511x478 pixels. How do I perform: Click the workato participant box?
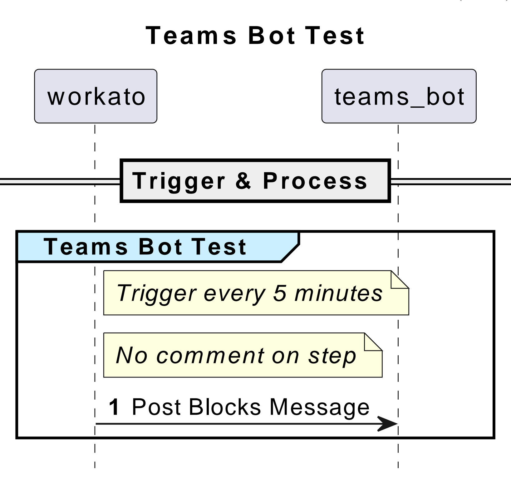click(96, 96)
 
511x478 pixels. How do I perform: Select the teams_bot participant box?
click(399, 96)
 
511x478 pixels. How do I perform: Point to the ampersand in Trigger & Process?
click(243, 181)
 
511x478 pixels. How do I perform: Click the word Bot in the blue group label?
click(160, 246)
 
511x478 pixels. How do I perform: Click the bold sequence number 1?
click(114, 407)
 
